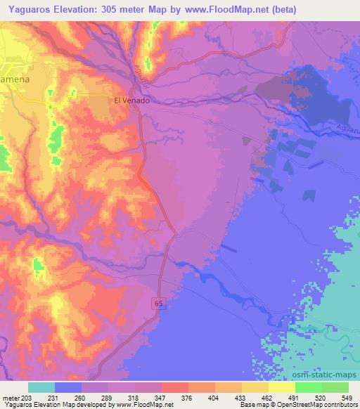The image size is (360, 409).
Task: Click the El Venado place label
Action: pyautogui.click(x=131, y=100)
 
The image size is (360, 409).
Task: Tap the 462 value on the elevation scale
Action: pyautogui.click(x=255, y=398)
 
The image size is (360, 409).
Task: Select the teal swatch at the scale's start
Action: pyautogui.click(x=41, y=387)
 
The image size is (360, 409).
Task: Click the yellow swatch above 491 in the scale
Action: pyautogui.click(x=281, y=387)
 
